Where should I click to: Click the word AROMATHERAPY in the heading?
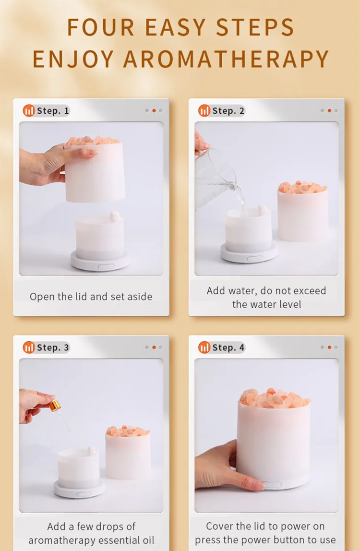(226, 59)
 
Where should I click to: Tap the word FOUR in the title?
(100, 27)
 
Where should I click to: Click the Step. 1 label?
(53, 111)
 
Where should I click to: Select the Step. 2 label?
(228, 111)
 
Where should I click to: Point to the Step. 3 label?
(53, 347)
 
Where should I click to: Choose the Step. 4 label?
(228, 347)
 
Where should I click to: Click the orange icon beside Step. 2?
(204, 111)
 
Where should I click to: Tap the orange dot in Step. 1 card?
(154, 110)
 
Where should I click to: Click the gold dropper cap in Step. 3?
(55, 406)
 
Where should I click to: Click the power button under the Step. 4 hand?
(271, 485)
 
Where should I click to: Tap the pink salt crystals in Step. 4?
(274, 398)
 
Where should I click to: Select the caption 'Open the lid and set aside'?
(91, 297)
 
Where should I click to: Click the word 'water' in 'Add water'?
(242, 290)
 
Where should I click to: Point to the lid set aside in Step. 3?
(128, 453)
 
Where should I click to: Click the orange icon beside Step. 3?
(29, 347)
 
